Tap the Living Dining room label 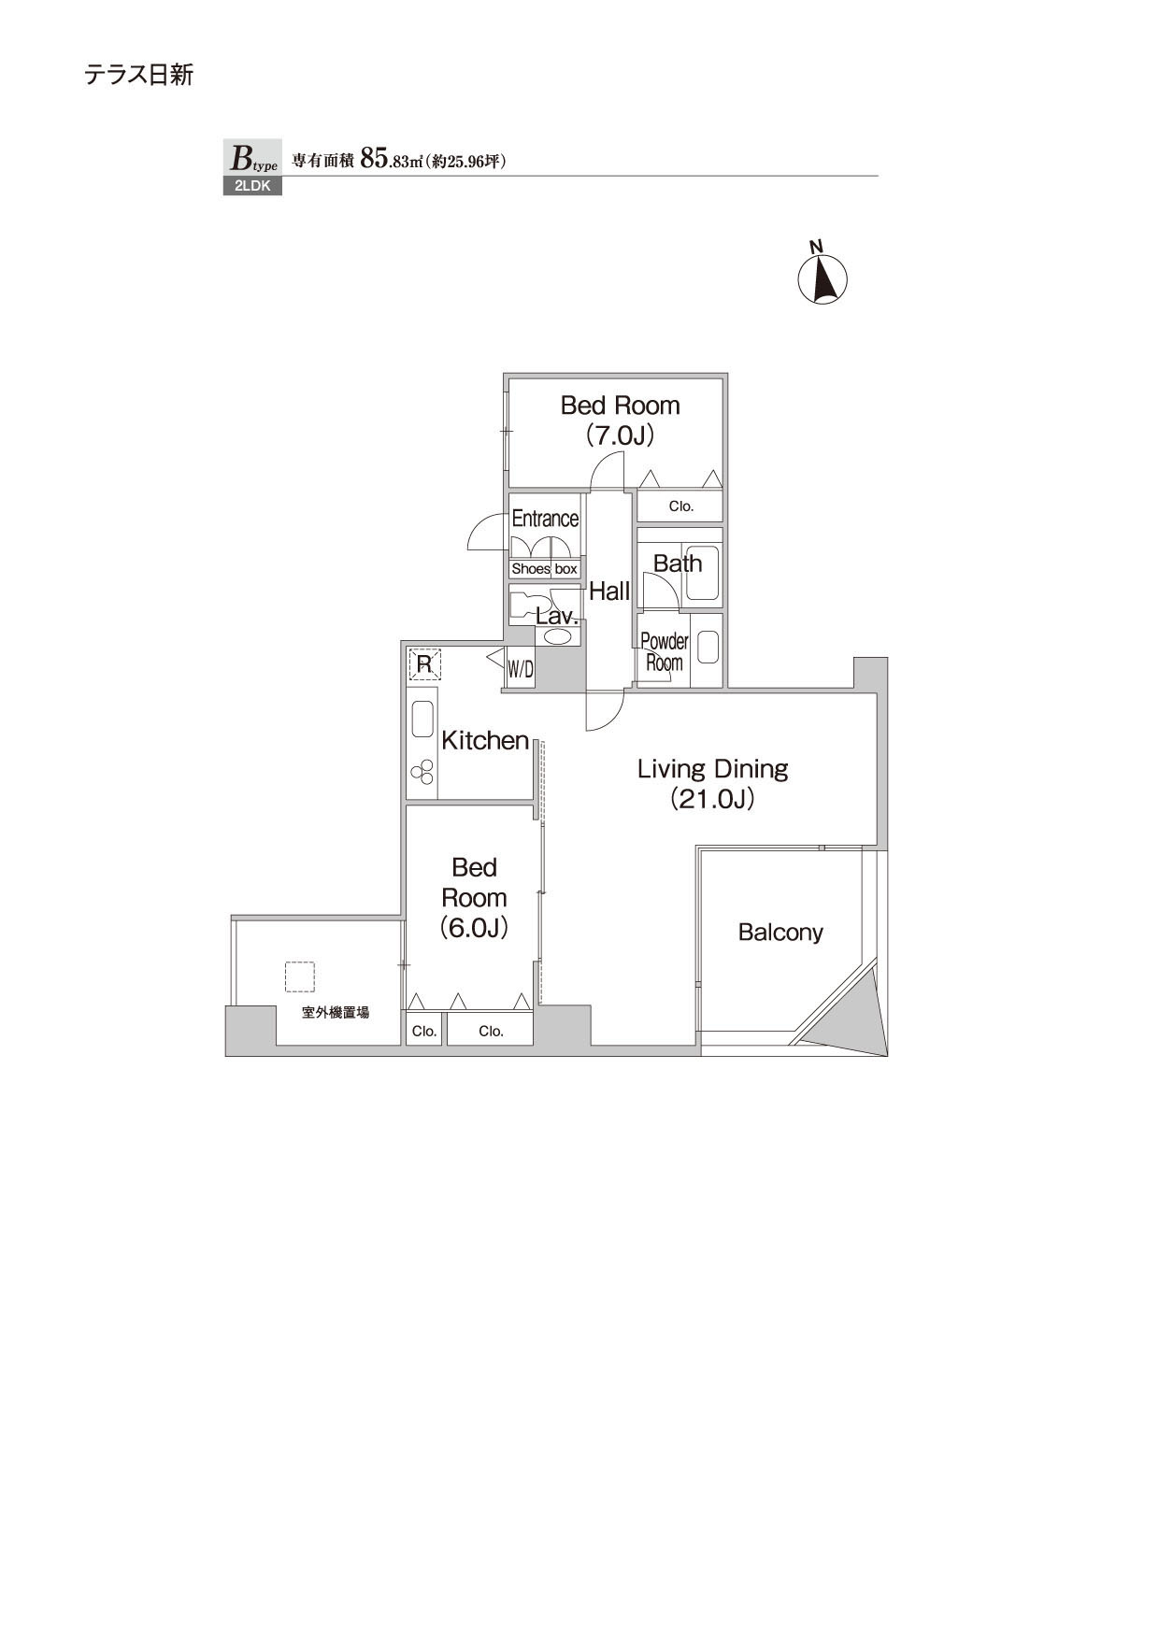click(712, 769)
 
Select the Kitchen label click(485, 741)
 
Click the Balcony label click(780, 932)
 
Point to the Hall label click(609, 591)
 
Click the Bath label click(678, 563)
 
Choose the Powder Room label click(665, 652)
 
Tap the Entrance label click(545, 519)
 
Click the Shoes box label click(545, 569)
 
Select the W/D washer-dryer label click(521, 669)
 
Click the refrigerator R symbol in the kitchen click(424, 664)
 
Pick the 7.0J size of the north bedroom click(620, 435)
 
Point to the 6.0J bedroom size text click(474, 928)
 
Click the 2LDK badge click(252, 186)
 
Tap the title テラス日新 click(139, 75)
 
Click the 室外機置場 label click(336, 1012)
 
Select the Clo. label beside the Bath click(681, 506)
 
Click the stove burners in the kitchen click(422, 773)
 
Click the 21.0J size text click(712, 800)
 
